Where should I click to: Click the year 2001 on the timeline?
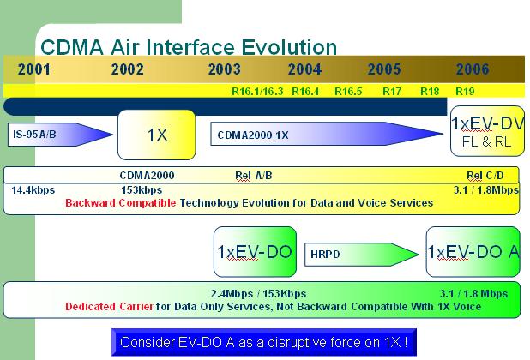click(34, 69)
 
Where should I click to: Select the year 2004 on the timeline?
click(304, 69)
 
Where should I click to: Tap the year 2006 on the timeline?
click(473, 69)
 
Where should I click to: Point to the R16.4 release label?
click(305, 91)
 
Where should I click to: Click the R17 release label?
click(392, 91)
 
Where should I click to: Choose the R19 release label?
click(465, 91)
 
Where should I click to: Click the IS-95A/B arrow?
click(60, 135)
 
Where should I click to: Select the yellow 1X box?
click(157, 135)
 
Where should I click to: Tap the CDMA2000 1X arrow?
click(327, 134)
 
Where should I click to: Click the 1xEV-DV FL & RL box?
click(487, 131)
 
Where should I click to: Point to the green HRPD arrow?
click(362, 255)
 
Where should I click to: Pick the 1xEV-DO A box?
click(473, 252)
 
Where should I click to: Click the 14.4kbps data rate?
click(33, 190)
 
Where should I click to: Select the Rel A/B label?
click(254, 176)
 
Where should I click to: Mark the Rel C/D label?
click(485, 176)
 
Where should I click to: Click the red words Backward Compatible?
click(121, 203)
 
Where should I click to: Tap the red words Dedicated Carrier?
click(109, 307)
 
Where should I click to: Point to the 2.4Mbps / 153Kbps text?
click(258, 294)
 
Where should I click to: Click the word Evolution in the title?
click(289, 47)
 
